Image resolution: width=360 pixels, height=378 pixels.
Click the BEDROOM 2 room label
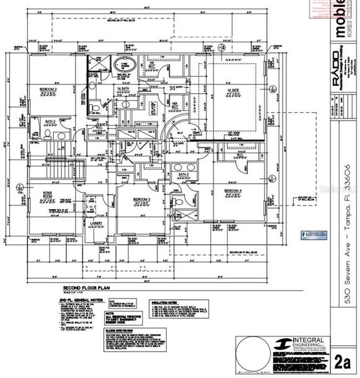coord(49,89)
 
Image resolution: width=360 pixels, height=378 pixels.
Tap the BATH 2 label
coord(50,120)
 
